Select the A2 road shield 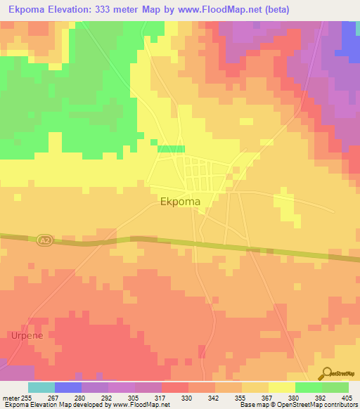pyautogui.click(x=45, y=241)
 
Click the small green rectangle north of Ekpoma pyautogui.click(x=171, y=149)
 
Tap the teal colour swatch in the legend pyautogui.click(x=41, y=387)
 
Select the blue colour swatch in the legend pyautogui.click(x=68, y=387)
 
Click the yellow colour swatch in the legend pyautogui.click(x=282, y=387)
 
